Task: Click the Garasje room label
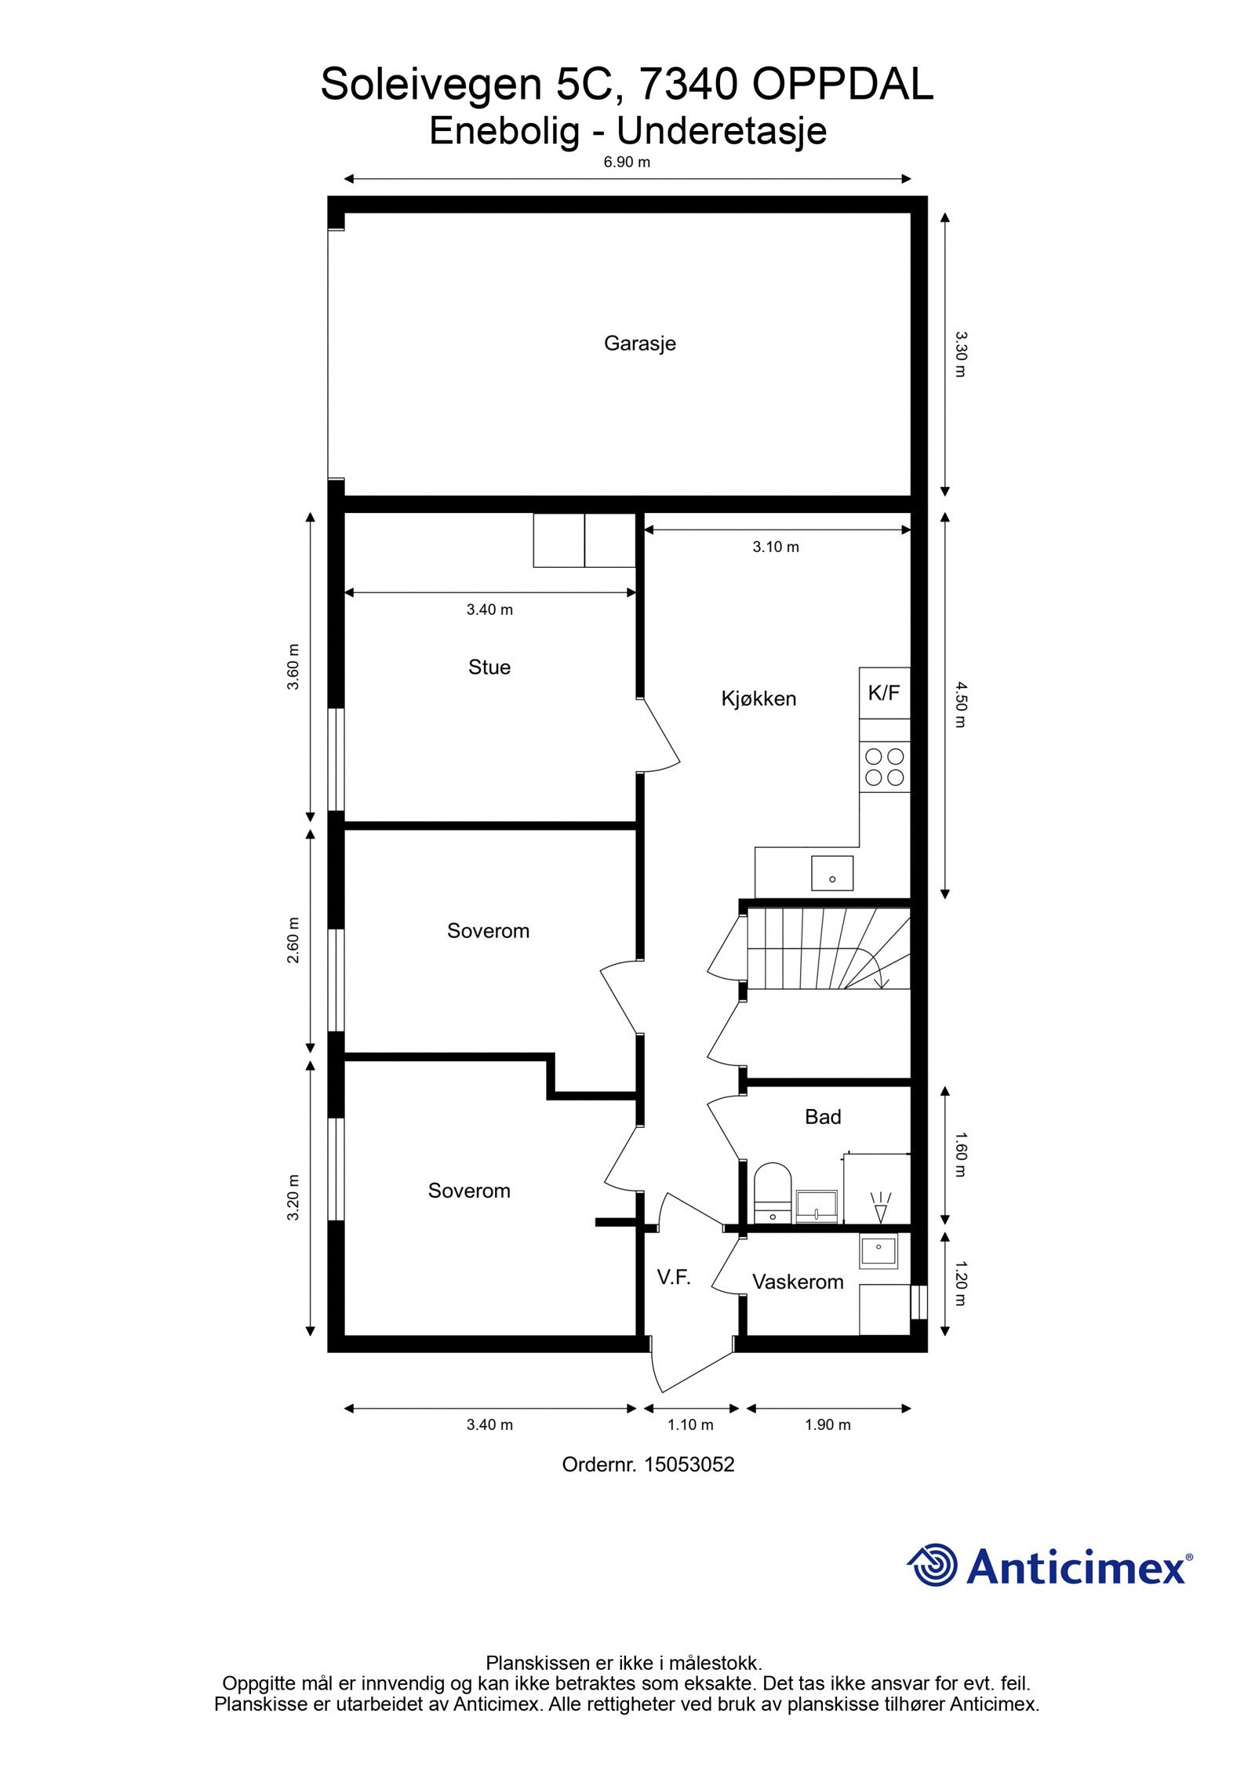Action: coord(639,343)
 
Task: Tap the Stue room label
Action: coord(489,667)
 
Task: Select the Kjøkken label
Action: coord(758,698)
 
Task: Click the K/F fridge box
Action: coord(884,693)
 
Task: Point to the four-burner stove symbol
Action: coord(884,766)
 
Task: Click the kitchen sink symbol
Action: coord(832,873)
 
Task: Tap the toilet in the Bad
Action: coord(773,1193)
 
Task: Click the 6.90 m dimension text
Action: coord(627,162)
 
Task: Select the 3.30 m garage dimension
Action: coord(960,355)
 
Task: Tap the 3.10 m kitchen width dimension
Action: coord(776,547)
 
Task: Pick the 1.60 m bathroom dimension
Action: coord(960,1154)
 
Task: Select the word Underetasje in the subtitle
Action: coord(722,131)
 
